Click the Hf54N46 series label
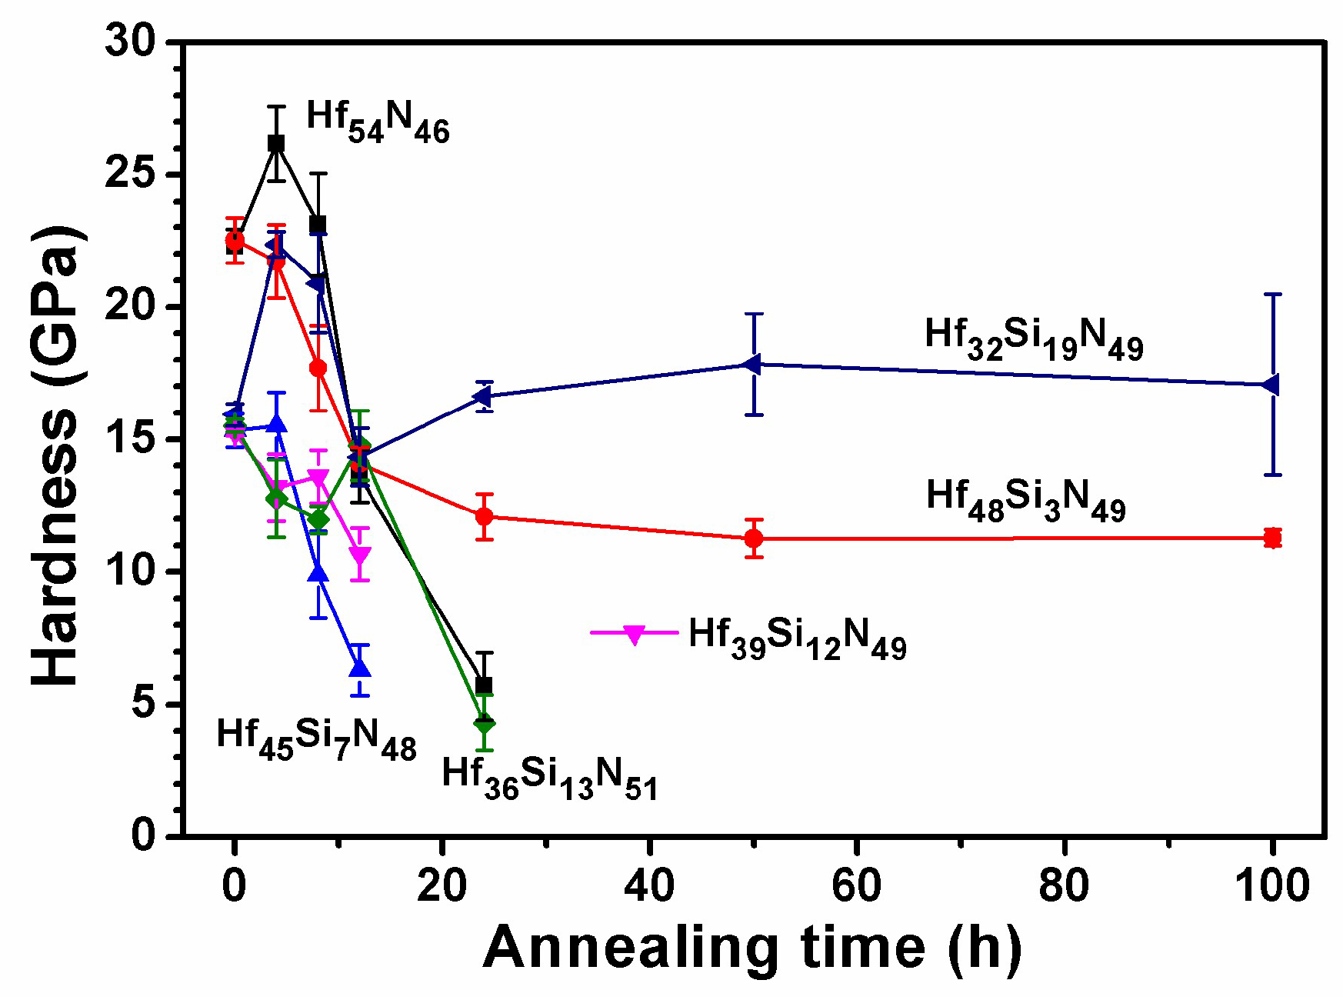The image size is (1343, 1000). tap(377, 122)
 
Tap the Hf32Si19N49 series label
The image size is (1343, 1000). tap(1033, 339)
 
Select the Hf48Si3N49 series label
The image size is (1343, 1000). tap(1025, 500)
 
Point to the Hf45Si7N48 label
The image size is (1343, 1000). tap(316, 739)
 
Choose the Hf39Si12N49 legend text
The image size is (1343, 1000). tap(797, 639)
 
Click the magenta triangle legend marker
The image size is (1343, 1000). tap(634, 635)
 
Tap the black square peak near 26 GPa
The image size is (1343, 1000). tap(276, 143)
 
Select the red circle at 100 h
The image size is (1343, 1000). tap(1272, 538)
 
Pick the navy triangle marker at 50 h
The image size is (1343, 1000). tap(753, 364)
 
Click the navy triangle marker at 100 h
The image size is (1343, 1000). tap(1271, 384)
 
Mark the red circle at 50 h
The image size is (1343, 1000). tap(754, 538)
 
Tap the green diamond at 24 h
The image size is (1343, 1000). tap(484, 724)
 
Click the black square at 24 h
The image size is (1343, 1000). tap(484, 685)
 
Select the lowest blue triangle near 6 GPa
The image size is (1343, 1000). tap(359, 668)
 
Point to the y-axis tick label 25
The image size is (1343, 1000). tap(130, 174)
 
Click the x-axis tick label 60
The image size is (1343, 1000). tap(856, 885)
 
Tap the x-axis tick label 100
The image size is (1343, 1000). tap(1271, 885)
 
